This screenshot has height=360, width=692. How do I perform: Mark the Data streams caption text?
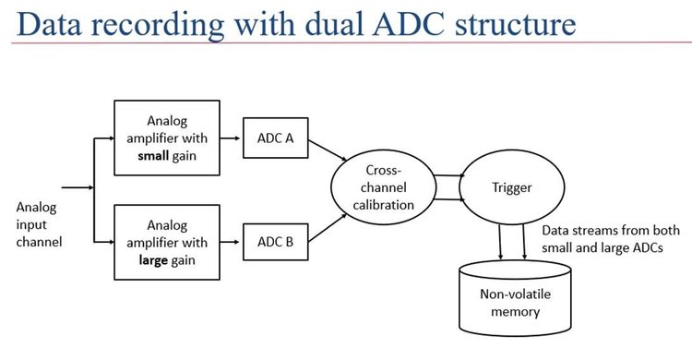click(601, 240)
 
